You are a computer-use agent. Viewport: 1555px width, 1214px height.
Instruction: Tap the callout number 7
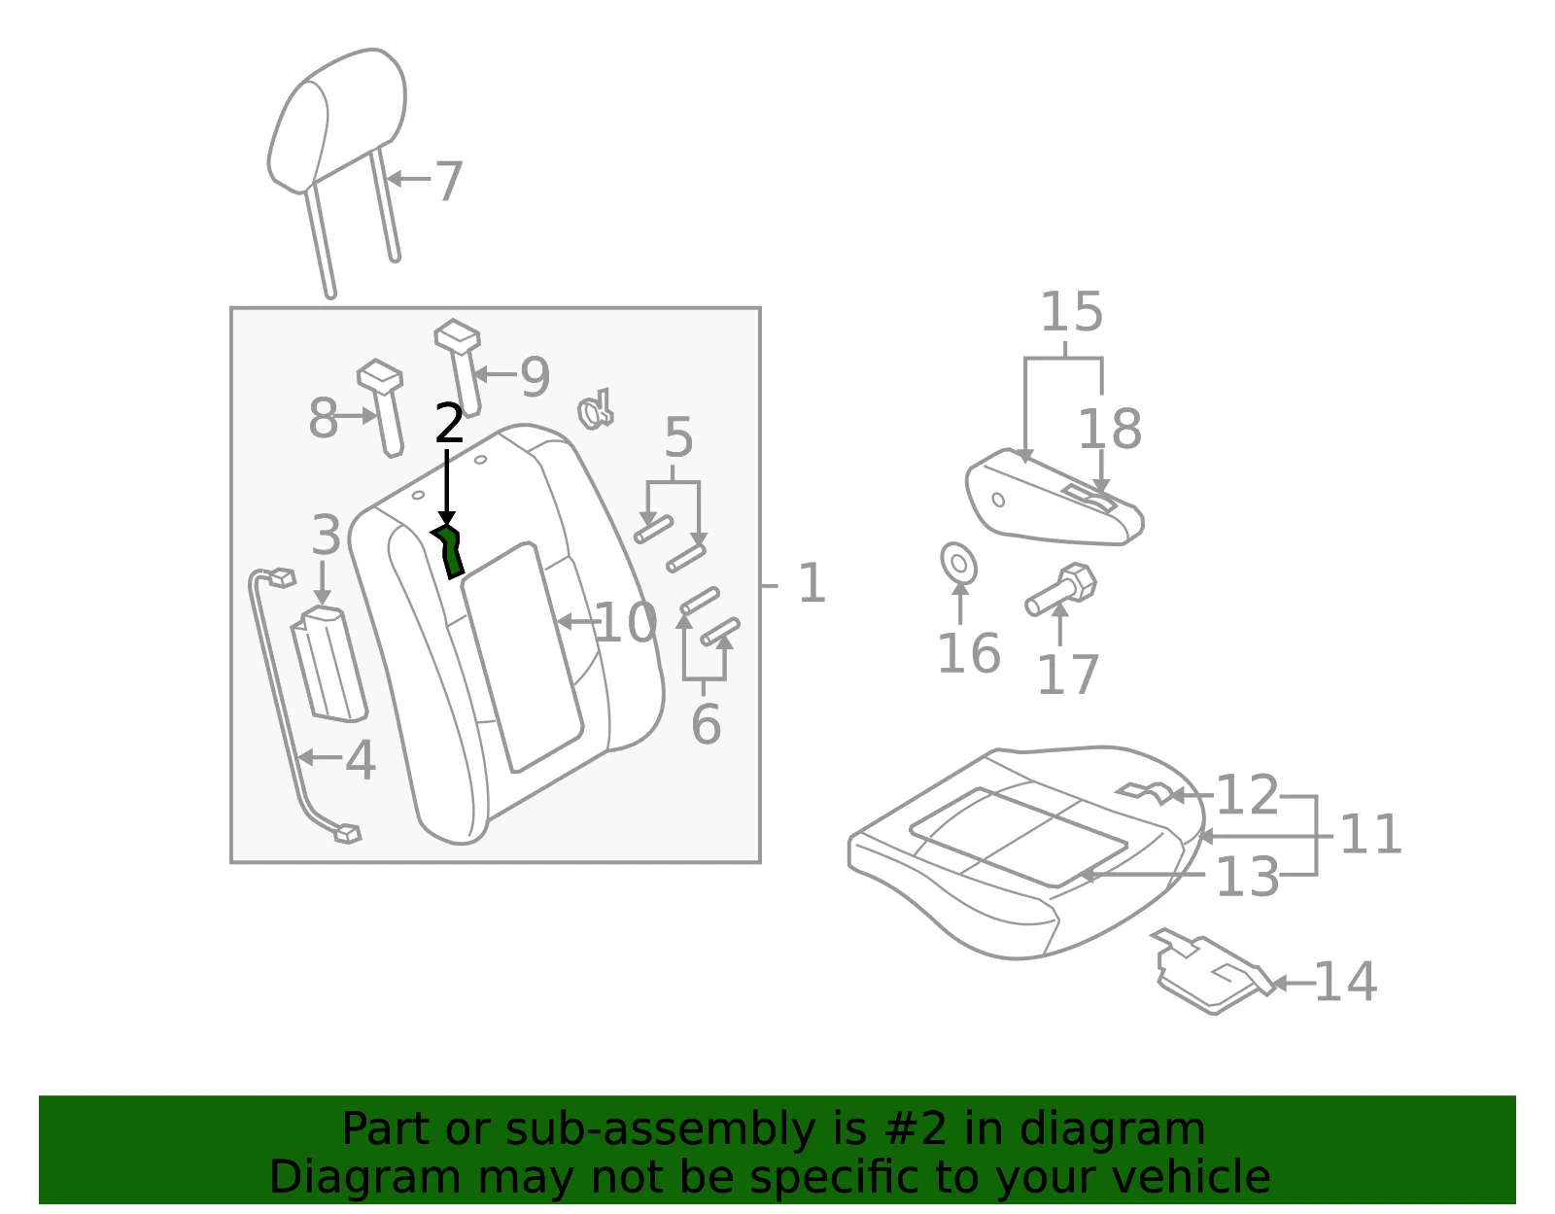click(449, 181)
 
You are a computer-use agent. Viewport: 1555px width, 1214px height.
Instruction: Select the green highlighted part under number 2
click(448, 551)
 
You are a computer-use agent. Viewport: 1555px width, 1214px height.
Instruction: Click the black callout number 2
click(449, 423)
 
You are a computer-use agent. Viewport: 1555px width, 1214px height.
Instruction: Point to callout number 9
click(536, 376)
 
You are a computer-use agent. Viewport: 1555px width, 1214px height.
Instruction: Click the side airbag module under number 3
click(328, 664)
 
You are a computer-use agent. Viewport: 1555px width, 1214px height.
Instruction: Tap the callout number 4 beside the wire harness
click(360, 760)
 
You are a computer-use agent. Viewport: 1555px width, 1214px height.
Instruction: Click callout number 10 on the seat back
click(626, 622)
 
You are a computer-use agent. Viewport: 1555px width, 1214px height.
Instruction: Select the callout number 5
click(678, 436)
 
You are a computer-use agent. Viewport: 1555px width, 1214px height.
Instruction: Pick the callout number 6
click(706, 724)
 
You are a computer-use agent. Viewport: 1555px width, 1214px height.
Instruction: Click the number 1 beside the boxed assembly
click(812, 583)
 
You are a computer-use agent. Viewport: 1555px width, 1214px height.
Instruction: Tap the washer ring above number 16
click(959, 563)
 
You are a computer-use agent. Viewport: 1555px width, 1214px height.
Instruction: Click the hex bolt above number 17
click(1061, 589)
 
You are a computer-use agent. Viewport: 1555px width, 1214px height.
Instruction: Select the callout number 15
click(1071, 311)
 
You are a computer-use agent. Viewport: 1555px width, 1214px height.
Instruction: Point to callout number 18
click(1109, 429)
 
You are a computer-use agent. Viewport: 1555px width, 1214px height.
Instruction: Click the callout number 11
click(1370, 834)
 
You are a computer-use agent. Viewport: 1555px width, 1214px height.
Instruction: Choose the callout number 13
click(1247, 877)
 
